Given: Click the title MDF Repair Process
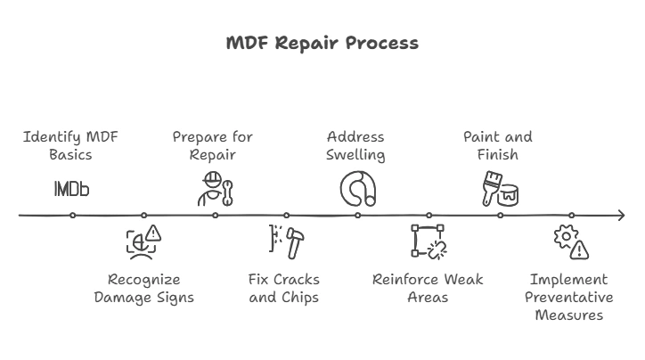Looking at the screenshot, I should [322, 44].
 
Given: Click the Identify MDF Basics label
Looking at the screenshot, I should [71, 145].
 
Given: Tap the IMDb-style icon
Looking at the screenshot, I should [71, 189].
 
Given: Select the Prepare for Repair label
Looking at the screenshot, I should [213, 145].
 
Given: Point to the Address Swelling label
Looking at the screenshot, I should [355, 145].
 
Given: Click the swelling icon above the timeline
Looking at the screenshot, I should [357, 189].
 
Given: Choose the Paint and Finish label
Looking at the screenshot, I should [498, 145].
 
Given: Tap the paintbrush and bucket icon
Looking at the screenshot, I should [500, 189].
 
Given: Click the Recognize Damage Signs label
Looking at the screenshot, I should [143, 288].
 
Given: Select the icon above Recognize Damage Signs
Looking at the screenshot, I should [143, 241].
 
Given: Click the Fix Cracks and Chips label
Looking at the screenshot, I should [284, 288].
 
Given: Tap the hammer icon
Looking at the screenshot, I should [286, 241].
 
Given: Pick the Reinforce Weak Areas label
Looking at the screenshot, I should [428, 288].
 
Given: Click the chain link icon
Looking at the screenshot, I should [429, 241].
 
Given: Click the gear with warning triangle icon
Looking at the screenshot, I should [571, 241].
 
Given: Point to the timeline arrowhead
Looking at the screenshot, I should [620, 215].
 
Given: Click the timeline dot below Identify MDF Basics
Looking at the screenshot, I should [72, 215].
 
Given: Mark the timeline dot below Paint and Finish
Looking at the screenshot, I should [500, 215].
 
